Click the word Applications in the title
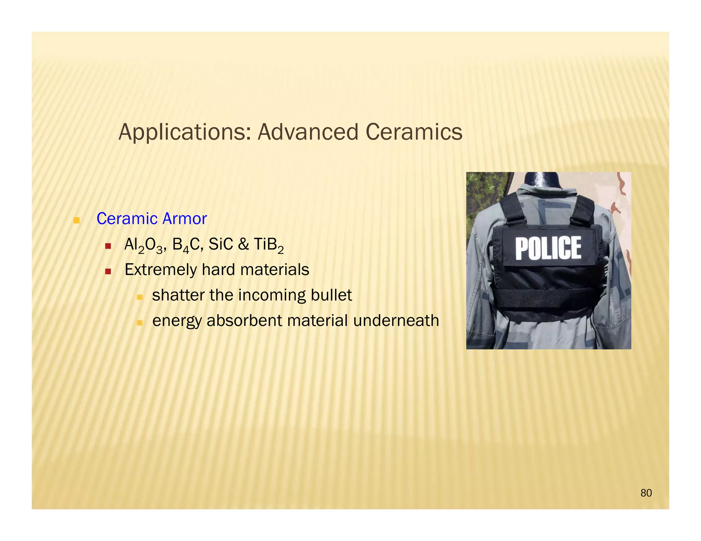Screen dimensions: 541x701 click(185, 132)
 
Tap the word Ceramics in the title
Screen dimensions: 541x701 click(414, 132)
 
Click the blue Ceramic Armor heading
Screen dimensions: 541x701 click(152, 219)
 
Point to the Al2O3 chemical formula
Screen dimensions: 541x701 click(144, 245)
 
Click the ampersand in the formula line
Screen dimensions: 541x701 click(243, 245)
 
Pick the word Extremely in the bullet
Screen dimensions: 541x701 click(161, 270)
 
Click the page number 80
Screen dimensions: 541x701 click(646, 493)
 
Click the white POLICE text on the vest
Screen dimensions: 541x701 click(548, 248)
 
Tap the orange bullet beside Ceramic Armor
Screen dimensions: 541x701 click(77, 220)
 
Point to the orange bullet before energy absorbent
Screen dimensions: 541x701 click(139, 322)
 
